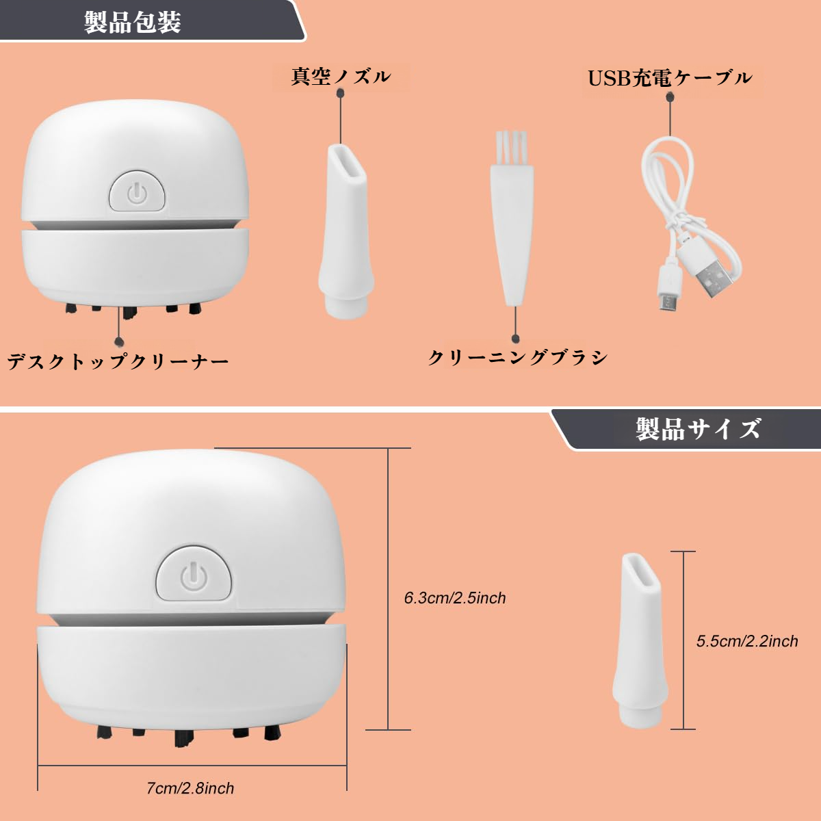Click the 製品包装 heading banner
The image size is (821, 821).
click(x=133, y=22)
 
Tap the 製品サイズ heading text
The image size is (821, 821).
click(x=698, y=430)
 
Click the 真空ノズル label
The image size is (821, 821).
click(x=341, y=76)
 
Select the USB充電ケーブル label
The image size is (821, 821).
click(x=670, y=78)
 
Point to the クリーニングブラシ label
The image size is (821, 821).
click(x=517, y=357)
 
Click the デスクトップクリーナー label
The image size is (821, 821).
click(x=118, y=361)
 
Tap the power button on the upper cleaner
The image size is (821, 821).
click(x=138, y=193)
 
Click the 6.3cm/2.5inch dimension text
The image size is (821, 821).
click(x=455, y=598)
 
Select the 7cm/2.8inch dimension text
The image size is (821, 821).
click(x=190, y=788)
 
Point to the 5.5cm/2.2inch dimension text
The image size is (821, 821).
click(x=747, y=641)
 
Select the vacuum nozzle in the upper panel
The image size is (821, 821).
click(x=346, y=233)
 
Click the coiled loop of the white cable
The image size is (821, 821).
click(x=667, y=178)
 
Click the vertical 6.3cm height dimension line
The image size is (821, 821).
click(x=388, y=588)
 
